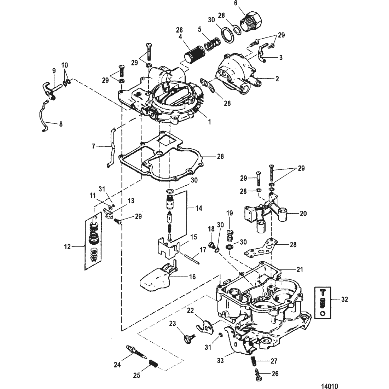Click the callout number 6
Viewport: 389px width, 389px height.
pos(236,3)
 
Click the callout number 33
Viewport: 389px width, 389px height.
pos(220,360)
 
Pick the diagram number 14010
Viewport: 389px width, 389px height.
pos(330,386)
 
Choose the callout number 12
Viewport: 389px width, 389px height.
pos(67,247)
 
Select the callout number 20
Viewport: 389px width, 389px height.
pos(303,213)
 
